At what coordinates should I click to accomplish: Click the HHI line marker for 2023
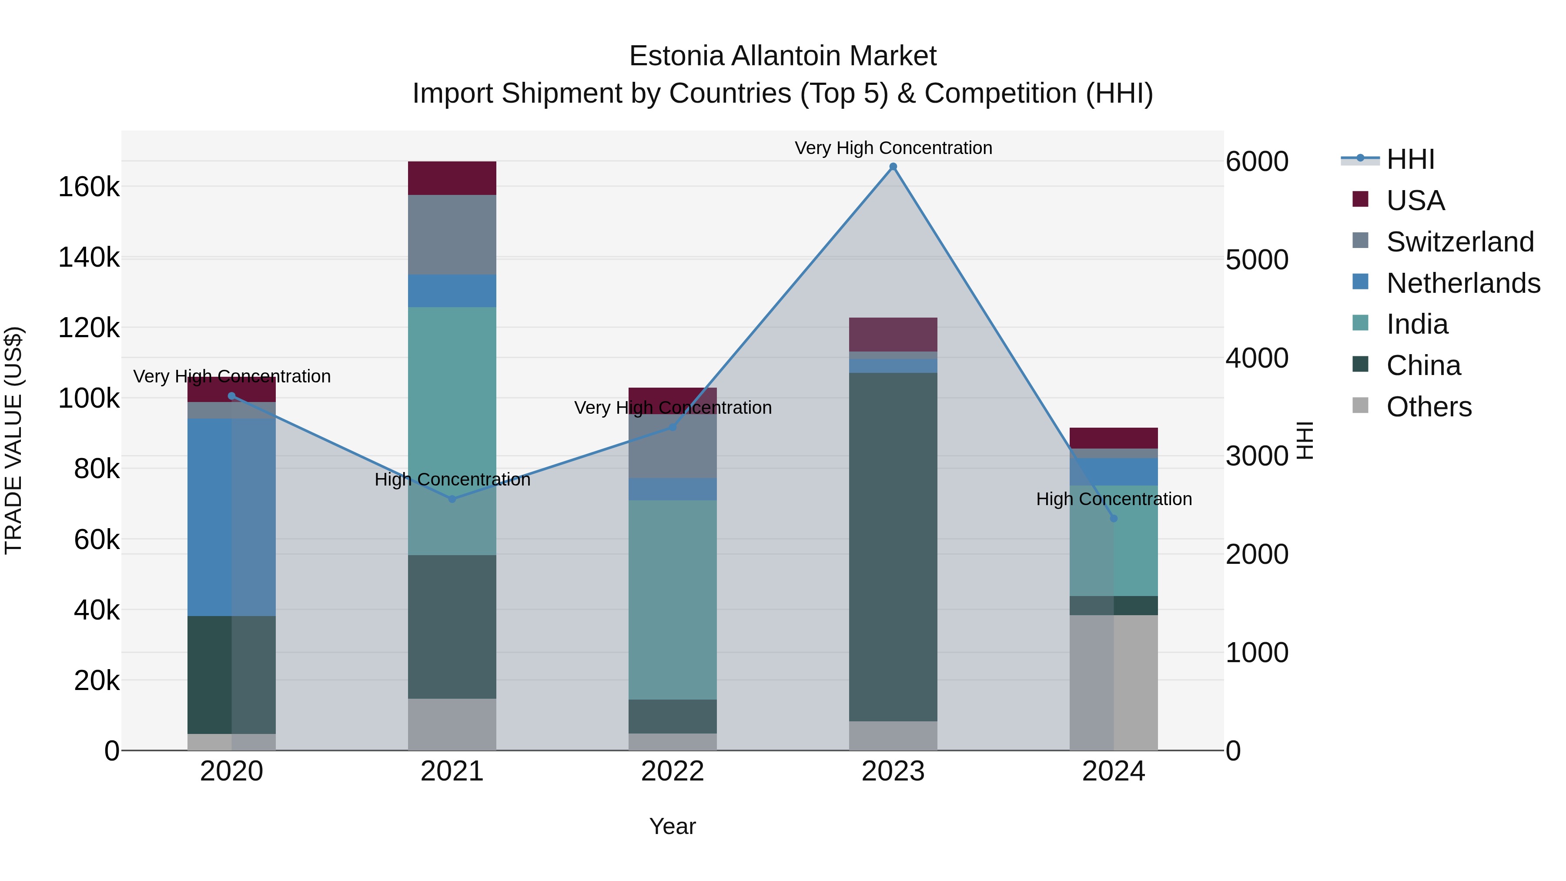pos(893,167)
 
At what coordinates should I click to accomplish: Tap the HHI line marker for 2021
pos(452,499)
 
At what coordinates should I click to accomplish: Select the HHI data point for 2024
pos(1114,519)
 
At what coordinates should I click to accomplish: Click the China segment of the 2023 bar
pos(893,547)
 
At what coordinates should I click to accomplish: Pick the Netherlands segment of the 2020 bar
pos(231,517)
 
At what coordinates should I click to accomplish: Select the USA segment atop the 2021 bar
pos(452,178)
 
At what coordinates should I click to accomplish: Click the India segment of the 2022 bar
pos(673,600)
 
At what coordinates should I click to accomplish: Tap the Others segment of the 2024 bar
pos(1114,682)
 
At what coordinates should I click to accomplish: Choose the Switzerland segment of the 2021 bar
pos(452,234)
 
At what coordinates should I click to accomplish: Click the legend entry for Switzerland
pos(1459,242)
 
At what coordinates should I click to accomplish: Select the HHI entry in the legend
pos(1410,159)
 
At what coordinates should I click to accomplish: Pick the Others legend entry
pos(1429,407)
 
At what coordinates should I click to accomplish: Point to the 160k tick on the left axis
pos(89,187)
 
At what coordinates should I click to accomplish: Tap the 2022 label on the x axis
pos(673,771)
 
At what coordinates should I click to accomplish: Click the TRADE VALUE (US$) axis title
pos(13,440)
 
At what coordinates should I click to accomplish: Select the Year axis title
pos(673,826)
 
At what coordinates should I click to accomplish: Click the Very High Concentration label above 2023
pos(893,148)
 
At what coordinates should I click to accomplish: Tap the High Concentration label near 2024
pos(1114,499)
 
